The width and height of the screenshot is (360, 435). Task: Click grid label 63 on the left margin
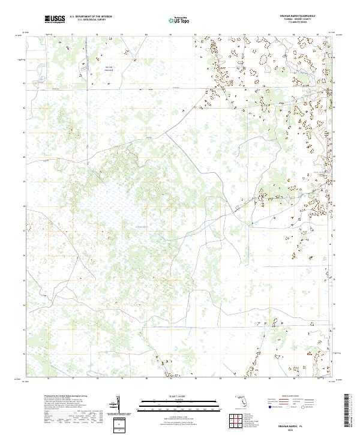click(25, 83)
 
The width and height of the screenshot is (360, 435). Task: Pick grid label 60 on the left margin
click(25, 157)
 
